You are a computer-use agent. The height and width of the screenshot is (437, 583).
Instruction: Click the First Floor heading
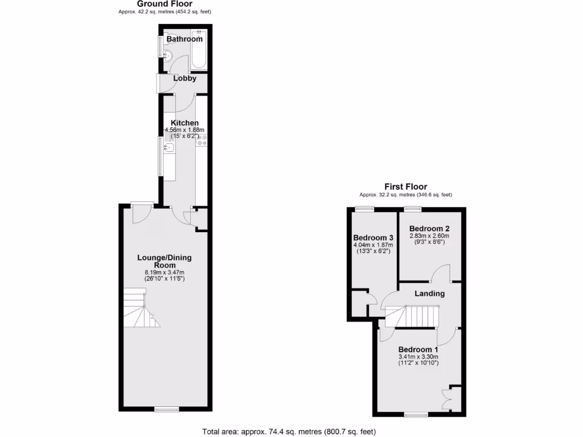coord(405,187)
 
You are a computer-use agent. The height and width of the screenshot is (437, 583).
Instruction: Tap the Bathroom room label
coord(184,39)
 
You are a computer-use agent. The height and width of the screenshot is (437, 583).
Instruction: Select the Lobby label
coord(184,79)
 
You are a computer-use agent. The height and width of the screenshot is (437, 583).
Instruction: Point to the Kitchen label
coord(185,123)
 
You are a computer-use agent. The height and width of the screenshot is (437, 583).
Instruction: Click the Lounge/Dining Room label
coord(165,261)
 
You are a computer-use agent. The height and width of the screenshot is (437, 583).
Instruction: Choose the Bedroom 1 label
coord(418,349)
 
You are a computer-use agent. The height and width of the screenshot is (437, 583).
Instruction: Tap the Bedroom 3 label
coord(373,238)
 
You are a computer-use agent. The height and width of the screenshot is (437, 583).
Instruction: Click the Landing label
coord(429,294)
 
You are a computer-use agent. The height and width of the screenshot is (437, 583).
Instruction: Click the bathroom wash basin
coord(167,56)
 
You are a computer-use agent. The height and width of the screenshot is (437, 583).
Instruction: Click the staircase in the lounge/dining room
coord(139,308)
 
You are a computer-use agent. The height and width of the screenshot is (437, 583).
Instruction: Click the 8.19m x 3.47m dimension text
coord(165,273)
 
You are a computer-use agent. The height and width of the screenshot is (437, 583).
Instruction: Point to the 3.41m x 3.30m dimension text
coord(418,357)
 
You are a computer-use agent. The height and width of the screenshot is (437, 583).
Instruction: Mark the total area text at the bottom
coord(289,431)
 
